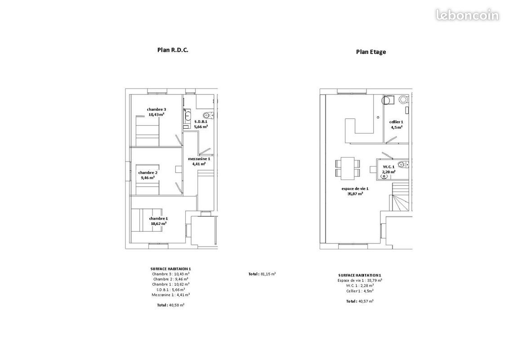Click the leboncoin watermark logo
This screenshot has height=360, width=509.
coord(467,15)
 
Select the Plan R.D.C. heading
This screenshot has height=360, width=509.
coord(173,50)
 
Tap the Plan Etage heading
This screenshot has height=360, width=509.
coord(371,52)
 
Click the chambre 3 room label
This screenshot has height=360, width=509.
coord(156,109)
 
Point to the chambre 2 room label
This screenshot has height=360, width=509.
coord(147,172)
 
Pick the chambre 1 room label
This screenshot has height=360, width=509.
coord(158,219)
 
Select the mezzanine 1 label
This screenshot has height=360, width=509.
coord(199,159)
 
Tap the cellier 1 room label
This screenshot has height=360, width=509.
coord(396,122)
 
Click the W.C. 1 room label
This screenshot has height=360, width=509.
coord(388,167)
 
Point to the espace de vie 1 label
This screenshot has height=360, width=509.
coord(355,189)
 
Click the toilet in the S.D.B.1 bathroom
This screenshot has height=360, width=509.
coord(208,115)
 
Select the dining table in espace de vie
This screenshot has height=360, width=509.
coord(347,168)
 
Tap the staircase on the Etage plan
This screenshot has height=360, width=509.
coord(401,197)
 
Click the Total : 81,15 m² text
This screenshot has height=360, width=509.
coord(262,274)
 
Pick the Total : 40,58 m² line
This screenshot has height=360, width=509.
coord(171,305)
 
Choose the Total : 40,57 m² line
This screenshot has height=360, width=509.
coord(360,301)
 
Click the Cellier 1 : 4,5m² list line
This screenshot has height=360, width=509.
coord(360,291)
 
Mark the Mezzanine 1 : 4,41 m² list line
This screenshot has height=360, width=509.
coord(171,295)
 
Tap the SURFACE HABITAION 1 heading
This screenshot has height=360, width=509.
coord(171,269)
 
